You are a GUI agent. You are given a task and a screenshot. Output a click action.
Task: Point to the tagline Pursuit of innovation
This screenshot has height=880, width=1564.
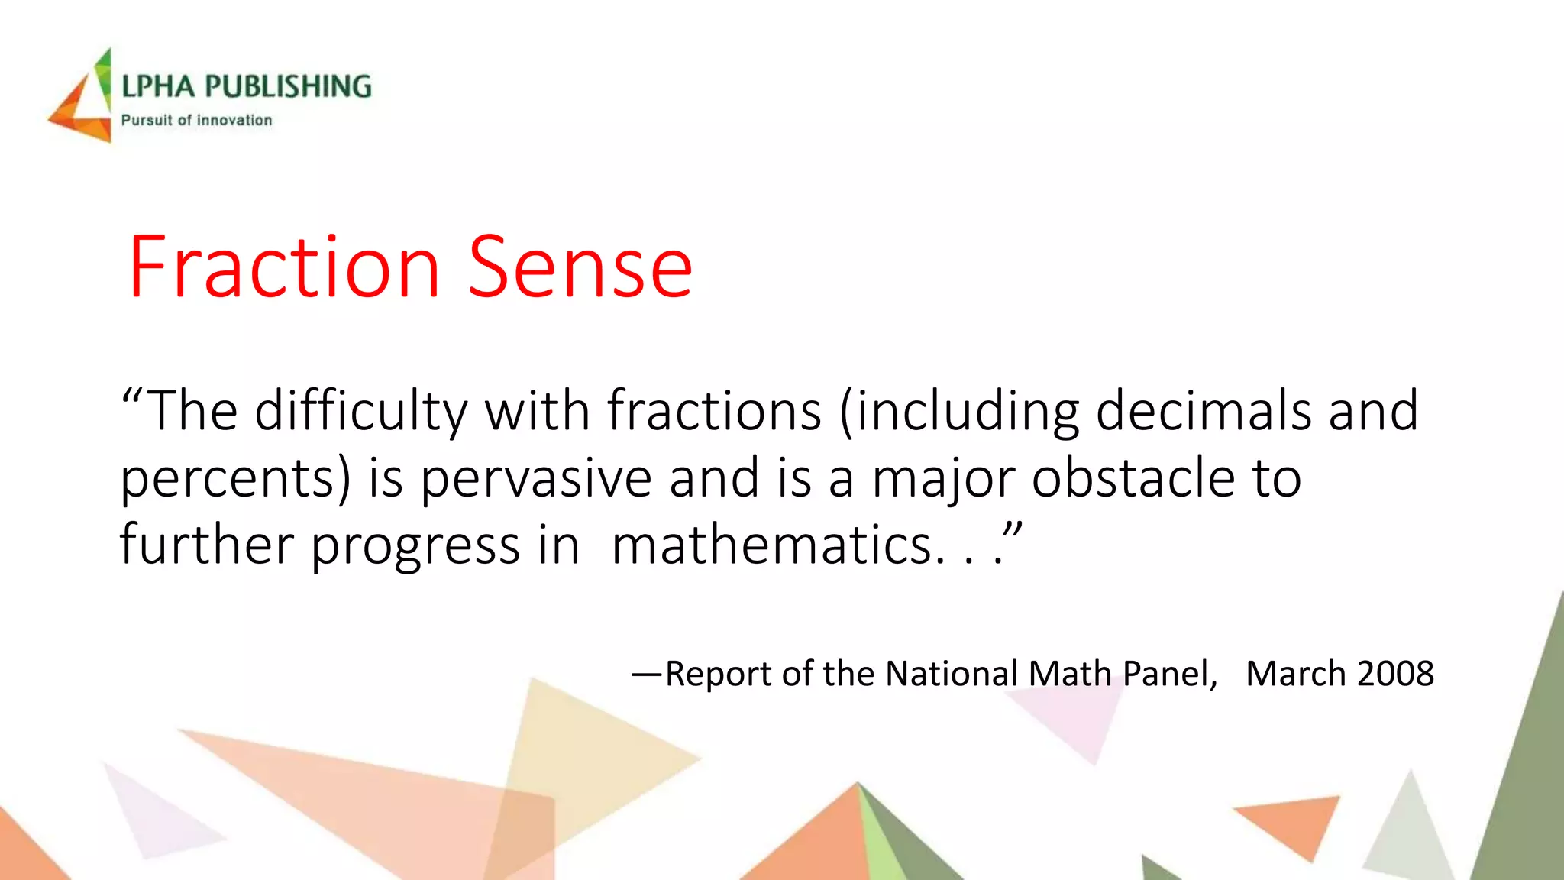click(196, 120)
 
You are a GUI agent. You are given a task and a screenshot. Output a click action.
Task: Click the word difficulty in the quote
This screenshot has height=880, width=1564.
click(361, 412)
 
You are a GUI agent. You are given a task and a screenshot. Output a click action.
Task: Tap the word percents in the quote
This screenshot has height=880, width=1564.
click(229, 480)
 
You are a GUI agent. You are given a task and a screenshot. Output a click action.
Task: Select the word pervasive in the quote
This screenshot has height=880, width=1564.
click(535, 478)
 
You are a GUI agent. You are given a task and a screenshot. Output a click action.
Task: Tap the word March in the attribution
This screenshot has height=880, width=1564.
click(1295, 674)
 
